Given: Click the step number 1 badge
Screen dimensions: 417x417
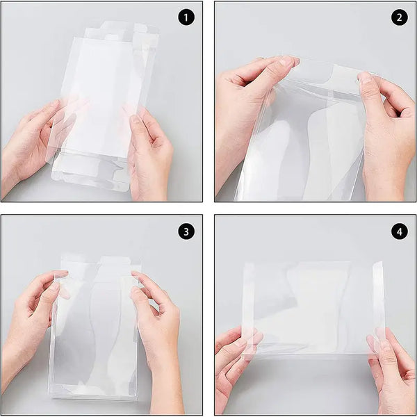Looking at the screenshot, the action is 186,17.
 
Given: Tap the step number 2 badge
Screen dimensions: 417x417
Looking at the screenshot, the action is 400,17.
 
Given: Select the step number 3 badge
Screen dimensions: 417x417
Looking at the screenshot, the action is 186,231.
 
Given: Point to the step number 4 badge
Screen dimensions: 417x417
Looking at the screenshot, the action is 400,231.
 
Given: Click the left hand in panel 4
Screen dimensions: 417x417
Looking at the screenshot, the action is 234,370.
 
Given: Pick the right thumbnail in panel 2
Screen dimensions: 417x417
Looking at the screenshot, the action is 365,78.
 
